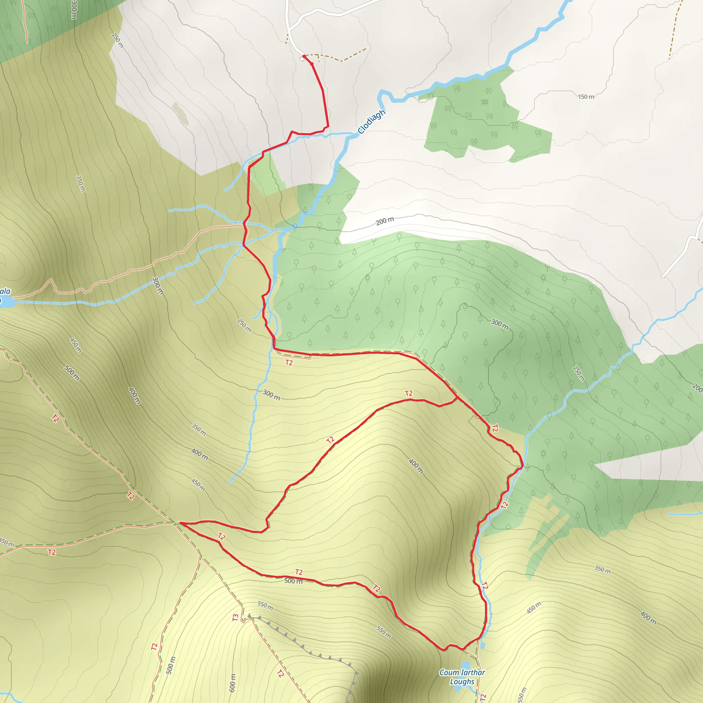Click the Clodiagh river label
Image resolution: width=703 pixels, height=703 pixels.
click(371, 122)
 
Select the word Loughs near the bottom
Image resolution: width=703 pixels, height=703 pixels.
click(462, 681)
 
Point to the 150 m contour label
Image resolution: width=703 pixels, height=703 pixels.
click(586, 97)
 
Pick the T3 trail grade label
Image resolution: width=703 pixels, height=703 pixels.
click(235, 618)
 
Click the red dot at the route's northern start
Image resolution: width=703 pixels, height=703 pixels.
click(304, 56)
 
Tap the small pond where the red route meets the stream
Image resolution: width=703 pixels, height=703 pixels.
click(483, 646)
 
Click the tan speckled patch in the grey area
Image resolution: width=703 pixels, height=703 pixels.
click(180, 113)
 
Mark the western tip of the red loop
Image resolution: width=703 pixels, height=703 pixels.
click(181, 523)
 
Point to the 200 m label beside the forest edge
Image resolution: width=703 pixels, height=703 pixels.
click(384, 221)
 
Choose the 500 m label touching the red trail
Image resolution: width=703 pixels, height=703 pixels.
click(293, 581)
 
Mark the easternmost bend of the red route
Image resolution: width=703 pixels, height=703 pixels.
click(522, 465)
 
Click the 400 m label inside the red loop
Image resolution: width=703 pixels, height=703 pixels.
click(416, 466)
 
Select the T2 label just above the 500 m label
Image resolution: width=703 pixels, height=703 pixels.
click(299, 572)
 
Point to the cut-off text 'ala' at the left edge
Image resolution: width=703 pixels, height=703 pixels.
click(5, 291)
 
